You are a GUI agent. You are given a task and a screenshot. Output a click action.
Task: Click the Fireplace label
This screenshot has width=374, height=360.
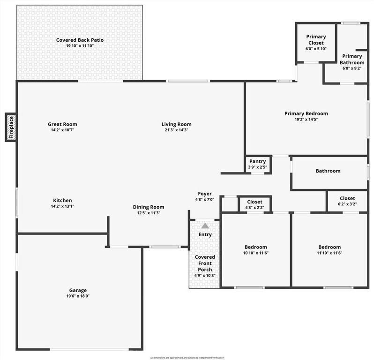coord(11,127)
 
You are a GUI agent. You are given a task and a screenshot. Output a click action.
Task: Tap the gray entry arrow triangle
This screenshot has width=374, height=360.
coord(205,226)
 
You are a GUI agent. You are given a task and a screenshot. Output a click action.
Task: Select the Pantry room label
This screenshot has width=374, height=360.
coord(257,161)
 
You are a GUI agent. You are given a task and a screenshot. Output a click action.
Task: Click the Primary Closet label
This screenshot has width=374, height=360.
coord(316,39)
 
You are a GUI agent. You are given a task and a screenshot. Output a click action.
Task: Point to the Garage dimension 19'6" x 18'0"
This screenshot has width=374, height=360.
coord(78,296)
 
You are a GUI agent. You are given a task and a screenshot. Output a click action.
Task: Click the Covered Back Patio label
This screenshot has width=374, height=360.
coord(80,40)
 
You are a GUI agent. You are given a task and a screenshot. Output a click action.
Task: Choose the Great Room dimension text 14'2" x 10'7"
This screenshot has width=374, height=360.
coord(62,130)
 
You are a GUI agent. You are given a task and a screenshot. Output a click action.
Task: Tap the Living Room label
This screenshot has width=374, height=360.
coord(176,124)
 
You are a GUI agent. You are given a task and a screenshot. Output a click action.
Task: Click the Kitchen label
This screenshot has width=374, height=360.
coord(62,200)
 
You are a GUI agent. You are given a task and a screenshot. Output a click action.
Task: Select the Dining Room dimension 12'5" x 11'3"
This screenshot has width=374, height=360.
coord(148,213)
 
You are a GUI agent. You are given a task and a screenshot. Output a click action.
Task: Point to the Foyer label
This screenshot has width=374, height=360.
coord(205,194)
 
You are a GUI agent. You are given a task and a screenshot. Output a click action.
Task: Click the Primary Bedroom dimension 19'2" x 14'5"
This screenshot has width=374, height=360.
coord(306,119)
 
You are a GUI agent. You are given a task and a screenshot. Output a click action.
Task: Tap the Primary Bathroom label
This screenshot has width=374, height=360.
coord(352,60)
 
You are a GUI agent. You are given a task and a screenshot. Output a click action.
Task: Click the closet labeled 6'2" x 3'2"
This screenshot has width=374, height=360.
coord(347,201)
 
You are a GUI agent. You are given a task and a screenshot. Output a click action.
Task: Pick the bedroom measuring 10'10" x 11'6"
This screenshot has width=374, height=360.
coord(255,250)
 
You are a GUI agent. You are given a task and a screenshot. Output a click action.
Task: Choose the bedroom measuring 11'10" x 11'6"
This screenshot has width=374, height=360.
coord(329,250)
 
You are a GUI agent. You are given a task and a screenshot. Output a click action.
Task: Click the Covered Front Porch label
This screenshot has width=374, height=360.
coord(205,263)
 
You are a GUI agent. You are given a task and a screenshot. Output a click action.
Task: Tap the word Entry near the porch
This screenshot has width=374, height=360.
coord(205,234)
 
